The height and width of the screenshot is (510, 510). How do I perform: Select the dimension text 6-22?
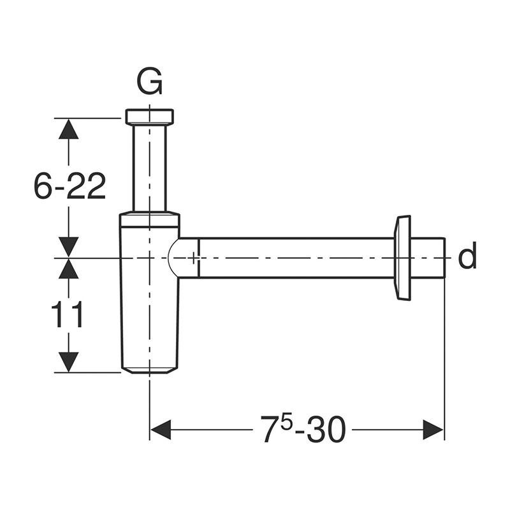69,187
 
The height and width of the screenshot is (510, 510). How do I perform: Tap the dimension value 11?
67,316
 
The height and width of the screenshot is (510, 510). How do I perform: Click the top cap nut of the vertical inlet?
149,117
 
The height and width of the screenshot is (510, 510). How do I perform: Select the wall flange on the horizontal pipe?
403,258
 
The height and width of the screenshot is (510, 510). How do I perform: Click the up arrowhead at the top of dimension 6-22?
69,129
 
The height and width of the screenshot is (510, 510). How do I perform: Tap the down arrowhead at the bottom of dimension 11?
69,362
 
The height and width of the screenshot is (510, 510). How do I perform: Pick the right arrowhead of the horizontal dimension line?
433,430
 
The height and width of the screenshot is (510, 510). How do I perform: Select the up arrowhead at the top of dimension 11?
69,269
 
